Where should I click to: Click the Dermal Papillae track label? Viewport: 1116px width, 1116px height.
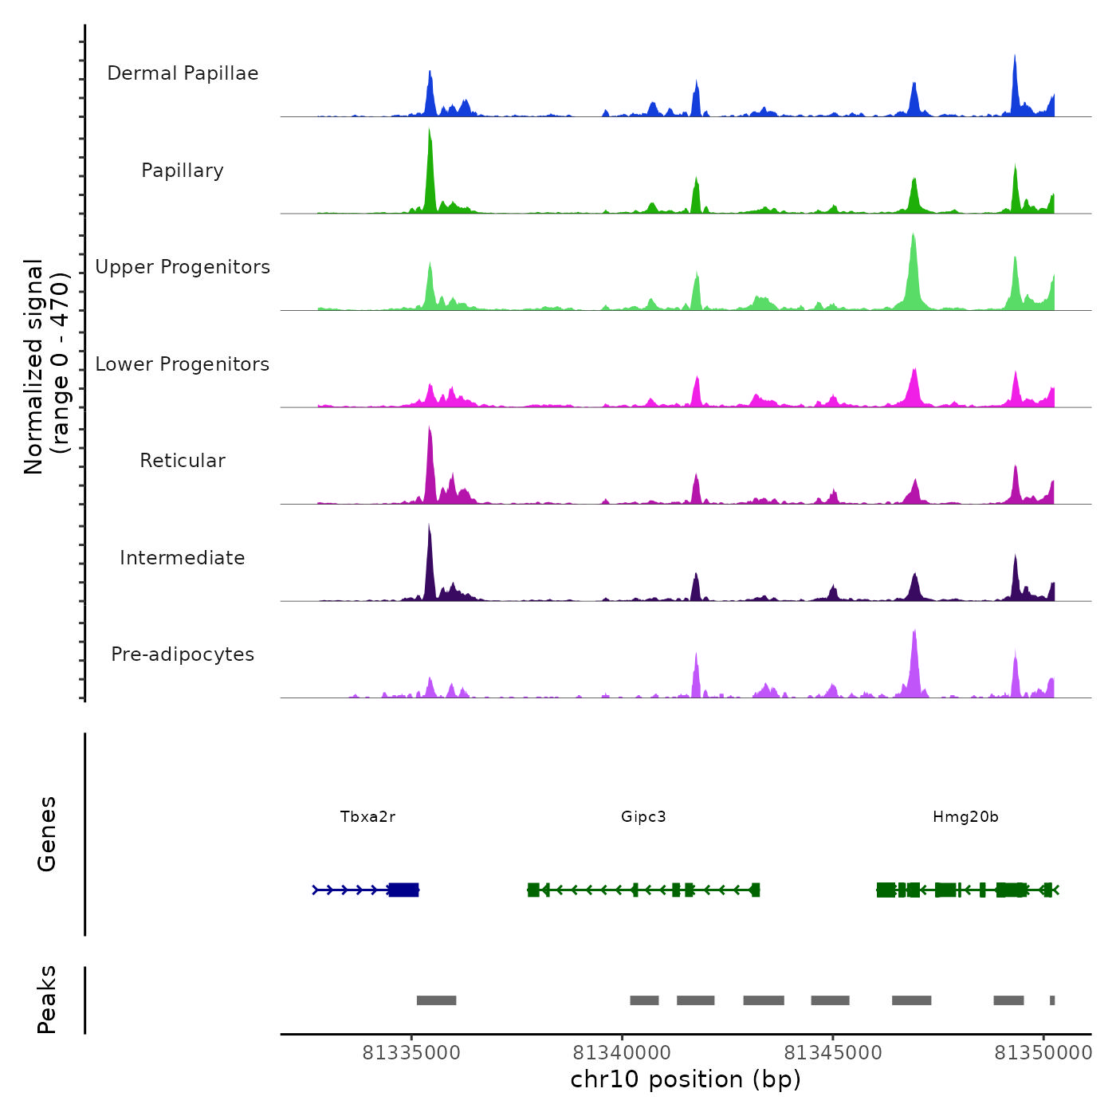pos(183,73)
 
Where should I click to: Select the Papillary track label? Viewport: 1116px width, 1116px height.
pos(183,171)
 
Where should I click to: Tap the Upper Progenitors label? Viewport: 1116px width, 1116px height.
pos(183,267)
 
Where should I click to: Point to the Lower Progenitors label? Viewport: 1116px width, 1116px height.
pos(183,364)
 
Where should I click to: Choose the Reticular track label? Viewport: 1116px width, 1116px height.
pos(183,461)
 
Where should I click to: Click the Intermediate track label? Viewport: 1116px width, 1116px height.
pos(183,558)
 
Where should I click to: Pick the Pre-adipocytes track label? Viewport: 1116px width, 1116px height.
pos(183,654)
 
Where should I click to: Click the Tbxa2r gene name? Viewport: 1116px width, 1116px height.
pos(367,817)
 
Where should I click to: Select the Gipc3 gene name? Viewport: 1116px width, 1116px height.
pos(643,817)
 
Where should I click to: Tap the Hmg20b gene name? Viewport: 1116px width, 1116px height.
pos(965,817)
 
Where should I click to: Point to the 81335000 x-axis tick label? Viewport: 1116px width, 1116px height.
pos(411,1053)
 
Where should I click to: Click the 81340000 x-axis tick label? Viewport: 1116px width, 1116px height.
pos(622,1053)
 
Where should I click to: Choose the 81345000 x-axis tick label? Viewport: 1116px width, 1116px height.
pos(833,1053)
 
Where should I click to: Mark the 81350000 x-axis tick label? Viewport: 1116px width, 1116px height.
pos(1043,1053)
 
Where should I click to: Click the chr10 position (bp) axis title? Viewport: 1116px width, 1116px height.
pos(686,1079)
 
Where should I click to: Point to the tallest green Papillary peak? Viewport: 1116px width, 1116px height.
pos(430,159)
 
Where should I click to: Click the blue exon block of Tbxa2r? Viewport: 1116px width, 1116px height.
pos(404,890)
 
